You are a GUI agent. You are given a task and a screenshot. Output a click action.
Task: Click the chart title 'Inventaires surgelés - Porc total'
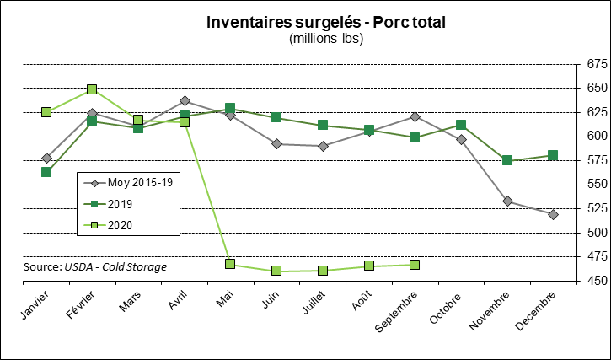click(x=325, y=22)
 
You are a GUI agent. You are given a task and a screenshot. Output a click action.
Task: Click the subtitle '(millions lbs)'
click(x=325, y=39)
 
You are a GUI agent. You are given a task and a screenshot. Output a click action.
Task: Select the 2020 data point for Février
click(x=92, y=89)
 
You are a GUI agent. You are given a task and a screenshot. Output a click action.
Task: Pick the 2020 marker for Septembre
click(x=415, y=265)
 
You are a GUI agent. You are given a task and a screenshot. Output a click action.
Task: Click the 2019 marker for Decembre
click(x=553, y=155)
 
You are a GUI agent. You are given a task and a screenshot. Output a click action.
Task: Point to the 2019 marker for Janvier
click(x=46, y=172)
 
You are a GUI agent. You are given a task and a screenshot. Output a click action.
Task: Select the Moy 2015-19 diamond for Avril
click(x=185, y=101)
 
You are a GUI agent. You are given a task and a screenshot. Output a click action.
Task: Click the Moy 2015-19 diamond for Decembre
click(x=553, y=215)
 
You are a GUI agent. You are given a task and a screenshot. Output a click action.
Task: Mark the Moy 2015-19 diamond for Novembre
click(x=507, y=201)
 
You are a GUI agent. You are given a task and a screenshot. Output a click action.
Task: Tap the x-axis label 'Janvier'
click(x=34, y=308)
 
